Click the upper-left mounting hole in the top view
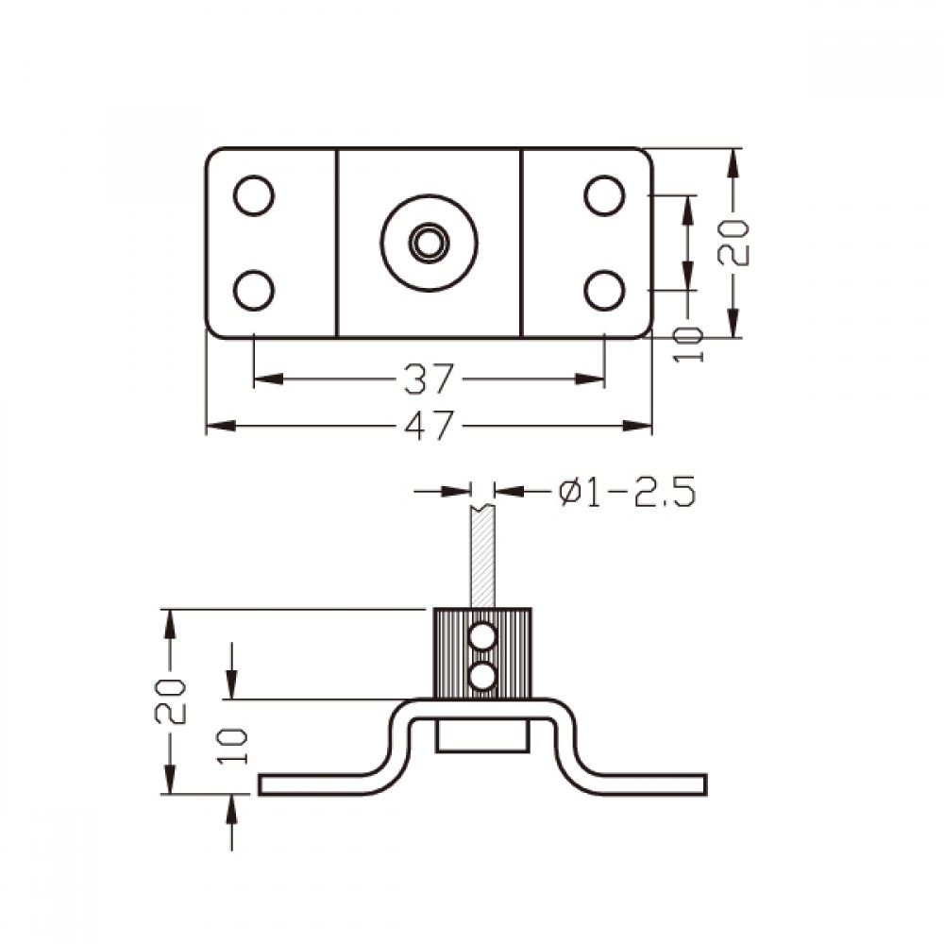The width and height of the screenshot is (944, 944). (x=253, y=195)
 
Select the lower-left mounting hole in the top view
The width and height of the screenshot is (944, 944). (x=253, y=290)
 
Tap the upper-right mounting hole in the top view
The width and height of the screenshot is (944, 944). (x=604, y=195)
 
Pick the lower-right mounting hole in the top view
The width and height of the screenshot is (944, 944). (x=604, y=290)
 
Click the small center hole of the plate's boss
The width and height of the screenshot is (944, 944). (x=429, y=244)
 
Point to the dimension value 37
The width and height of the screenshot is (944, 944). (x=428, y=379)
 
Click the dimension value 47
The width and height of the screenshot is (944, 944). (x=428, y=426)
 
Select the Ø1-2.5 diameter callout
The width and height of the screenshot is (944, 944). (x=627, y=492)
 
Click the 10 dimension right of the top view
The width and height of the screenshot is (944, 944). (x=688, y=345)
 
